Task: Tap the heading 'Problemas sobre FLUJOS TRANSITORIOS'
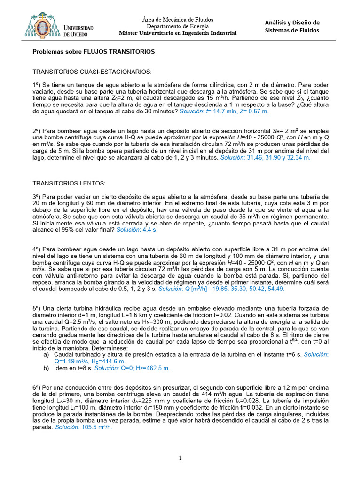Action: point(94,51)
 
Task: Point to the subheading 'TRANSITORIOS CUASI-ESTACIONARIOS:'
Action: point(92,72)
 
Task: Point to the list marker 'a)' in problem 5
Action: point(46,354)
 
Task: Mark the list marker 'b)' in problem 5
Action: point(46,368)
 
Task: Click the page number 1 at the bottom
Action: point(180,458)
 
